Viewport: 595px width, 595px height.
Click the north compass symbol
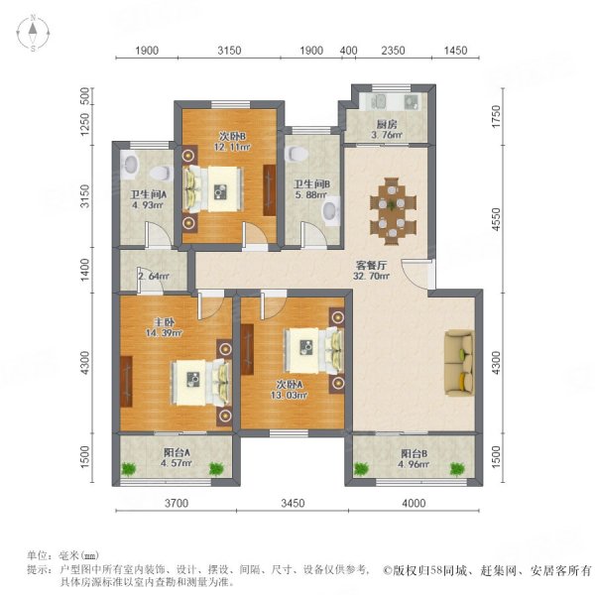[x=32, y=34]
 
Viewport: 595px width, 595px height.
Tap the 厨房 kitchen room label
[x=384, y=125]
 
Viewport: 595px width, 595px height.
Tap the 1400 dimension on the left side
[x=86, y=268]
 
